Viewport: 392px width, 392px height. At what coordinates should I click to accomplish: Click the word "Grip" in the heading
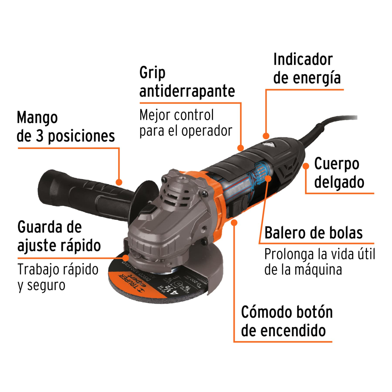pos(152,73)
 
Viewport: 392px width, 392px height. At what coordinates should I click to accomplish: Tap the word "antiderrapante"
pos(187,91)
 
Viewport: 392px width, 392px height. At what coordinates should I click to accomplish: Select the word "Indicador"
pos(303,59)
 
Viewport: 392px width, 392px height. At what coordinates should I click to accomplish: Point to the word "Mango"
pos(37,118)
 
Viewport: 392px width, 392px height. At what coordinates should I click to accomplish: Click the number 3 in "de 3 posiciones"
pos(40,136)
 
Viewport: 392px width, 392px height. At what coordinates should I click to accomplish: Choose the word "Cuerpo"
pos(336,164)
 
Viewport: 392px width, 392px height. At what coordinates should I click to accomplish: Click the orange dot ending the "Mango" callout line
pos(119,182)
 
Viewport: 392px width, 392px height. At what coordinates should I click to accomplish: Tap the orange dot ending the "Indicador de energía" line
pos(266,136)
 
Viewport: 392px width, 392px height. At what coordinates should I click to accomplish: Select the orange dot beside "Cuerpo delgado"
pos(306,166)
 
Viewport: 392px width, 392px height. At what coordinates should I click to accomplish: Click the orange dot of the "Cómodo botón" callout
pos(234,222)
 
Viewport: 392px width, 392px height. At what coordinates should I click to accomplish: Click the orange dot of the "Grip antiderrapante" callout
pos(241,148)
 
